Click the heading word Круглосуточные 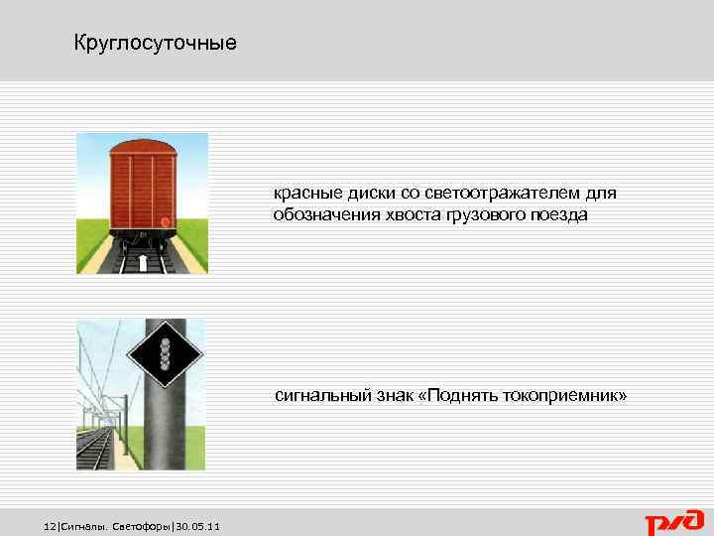156,44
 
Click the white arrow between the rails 143,262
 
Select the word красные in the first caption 307,194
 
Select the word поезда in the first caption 559,214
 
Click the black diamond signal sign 165,354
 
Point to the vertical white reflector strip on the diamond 166,354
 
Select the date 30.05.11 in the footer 198,525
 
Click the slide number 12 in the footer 52,525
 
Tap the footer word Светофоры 143,525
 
